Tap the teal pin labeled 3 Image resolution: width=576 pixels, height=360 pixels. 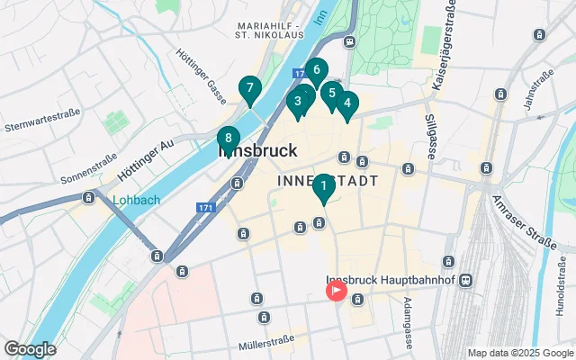click(296, 102)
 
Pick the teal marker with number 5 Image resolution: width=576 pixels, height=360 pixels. click(332, 94)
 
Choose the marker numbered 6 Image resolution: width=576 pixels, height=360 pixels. click(316, 70)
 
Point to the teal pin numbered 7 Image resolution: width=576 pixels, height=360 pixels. click(250, 89)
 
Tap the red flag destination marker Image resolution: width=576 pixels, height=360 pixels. click(337, 290)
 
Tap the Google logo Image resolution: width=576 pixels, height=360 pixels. click(30, 348)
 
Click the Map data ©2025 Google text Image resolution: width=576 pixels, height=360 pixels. click(520, 352)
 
